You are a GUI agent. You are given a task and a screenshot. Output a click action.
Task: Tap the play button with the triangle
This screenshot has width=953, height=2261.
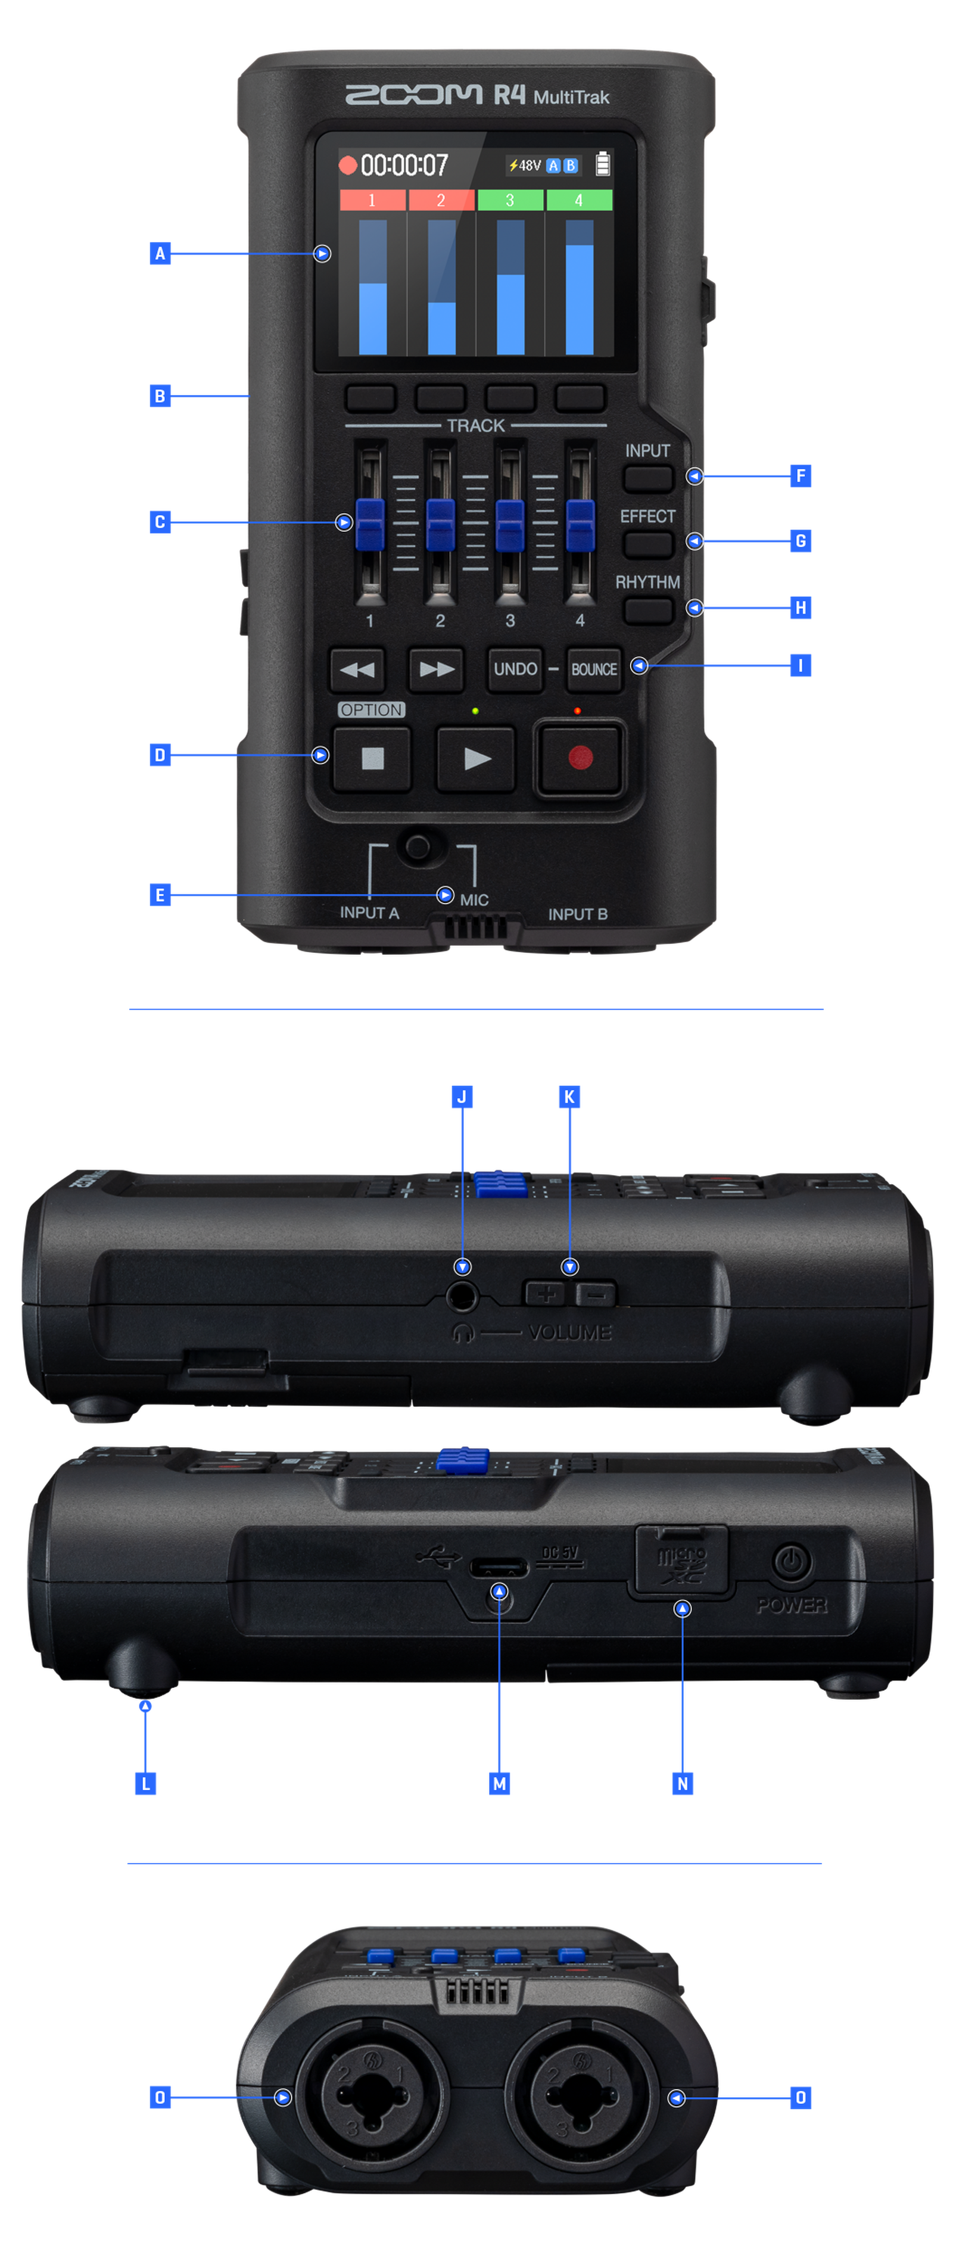coord(476,758)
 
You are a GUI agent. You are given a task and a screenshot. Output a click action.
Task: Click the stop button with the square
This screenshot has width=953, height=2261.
coord(373,758)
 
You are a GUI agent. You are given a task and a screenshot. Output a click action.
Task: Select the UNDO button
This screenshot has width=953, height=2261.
coord(515,669)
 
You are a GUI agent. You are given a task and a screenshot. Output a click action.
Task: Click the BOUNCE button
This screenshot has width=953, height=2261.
coord(594,669)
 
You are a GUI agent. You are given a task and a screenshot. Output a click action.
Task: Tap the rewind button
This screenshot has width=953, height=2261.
coord(357,669)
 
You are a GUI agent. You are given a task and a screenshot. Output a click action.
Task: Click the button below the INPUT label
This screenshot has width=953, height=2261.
coord(649,478)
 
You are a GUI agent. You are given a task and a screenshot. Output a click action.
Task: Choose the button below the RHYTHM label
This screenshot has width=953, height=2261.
coord(649,610)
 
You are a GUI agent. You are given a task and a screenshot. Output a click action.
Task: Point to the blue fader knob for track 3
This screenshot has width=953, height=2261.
coord(510,524)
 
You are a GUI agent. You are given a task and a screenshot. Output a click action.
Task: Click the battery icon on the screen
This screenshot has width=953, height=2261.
coord(603,164)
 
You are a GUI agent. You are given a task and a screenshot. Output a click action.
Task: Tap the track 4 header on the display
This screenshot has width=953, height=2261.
coord(579,201)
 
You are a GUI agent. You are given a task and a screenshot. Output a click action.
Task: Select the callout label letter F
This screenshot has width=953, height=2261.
coord(801,476)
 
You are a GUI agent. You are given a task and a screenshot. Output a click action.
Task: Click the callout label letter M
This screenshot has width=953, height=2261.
coord(499,1783)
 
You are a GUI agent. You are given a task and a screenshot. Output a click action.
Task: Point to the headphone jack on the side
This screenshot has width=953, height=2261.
coord(462,1294)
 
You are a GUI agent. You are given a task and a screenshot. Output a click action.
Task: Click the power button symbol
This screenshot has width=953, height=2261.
coord(792,1562)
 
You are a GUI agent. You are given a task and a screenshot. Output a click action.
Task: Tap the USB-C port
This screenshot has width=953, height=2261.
coord(499,1566)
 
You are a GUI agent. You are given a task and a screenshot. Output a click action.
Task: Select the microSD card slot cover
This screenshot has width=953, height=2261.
coord(681,1560)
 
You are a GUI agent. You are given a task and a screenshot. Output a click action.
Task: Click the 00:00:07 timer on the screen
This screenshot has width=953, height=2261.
coord(404,165)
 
